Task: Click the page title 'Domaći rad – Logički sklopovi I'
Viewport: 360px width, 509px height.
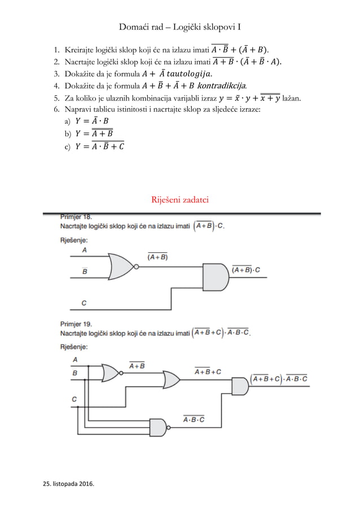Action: click(x=180, y=27)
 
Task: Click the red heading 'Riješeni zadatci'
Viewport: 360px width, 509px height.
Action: click(x=180, y=199)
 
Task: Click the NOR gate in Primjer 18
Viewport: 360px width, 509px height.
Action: click(x=124, y=266)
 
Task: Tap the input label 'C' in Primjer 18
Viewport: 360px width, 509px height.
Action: click(x=84, y=303)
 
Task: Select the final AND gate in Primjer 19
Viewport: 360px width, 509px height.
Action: click(x=240, y=387)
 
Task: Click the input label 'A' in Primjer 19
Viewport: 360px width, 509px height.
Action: click(x=75, y=359)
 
